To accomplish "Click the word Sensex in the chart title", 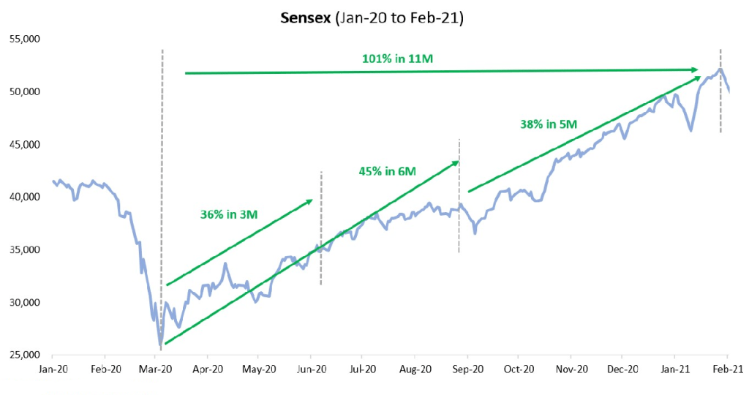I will tap(305, 18).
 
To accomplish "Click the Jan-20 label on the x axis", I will tap(53, 369).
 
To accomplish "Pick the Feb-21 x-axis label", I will tap(727, 369).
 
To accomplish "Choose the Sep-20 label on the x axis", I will tap(467, 369).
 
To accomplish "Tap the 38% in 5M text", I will tap(549, 124).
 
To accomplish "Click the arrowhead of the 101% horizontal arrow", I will tap(697, 69).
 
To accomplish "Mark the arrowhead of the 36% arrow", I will tap(310, 200).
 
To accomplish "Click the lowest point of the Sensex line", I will tap(160, 345).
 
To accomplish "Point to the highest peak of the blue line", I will tap(720, 69).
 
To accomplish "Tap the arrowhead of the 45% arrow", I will tap(456, 162).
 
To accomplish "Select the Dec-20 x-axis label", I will tap(623, 369).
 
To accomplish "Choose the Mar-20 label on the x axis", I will tap(156, 369).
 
